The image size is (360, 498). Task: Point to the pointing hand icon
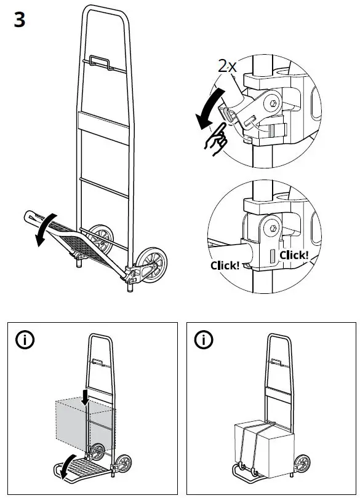(217, 138)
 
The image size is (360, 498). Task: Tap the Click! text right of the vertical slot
(294, 255)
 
